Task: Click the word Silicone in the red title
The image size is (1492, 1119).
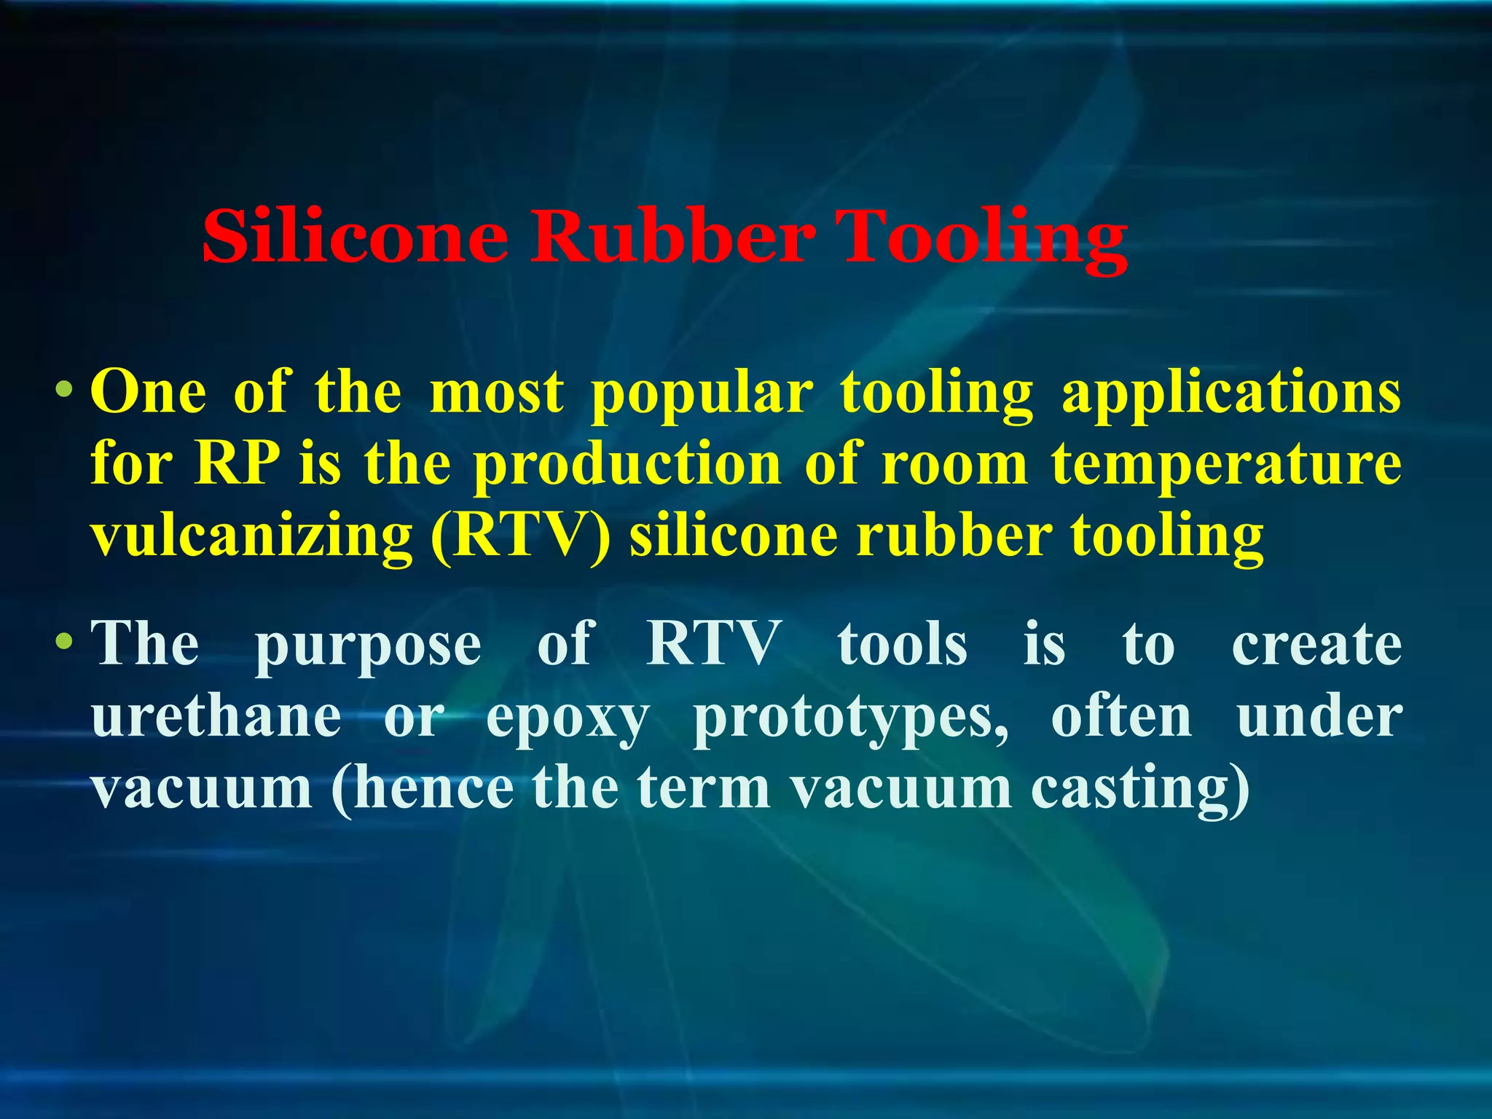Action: [x=355, y=237]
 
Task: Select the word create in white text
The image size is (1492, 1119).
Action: [x=1316, y=644]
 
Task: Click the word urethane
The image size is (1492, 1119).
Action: [x=216, y=717]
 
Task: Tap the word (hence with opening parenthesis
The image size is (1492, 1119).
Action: [x=423, y=790]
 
